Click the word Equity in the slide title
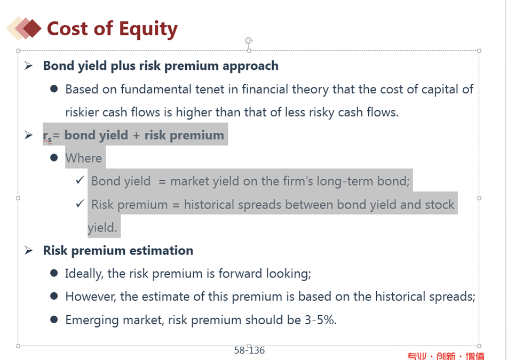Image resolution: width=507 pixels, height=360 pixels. [x=148, y=29]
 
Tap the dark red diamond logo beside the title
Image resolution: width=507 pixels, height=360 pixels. [x=32, y=28]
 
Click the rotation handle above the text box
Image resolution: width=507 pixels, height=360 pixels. [x=248, y=41]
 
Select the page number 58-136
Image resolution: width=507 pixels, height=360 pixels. [x=249, y=350]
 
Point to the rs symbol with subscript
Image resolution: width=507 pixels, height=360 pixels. [x=47, y=136]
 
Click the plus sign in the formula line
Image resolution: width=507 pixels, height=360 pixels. [x=136, y=135]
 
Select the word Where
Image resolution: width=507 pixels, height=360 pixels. [x=83, y=158]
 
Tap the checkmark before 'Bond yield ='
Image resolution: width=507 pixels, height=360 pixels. [x=80, y=180]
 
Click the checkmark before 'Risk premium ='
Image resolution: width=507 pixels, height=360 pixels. [x=80, y=204]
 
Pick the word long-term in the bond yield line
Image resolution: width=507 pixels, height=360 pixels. [x=345, y=181]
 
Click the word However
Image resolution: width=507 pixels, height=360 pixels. [x=91, y=297]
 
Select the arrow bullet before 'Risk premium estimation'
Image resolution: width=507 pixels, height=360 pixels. [x=28, y=251]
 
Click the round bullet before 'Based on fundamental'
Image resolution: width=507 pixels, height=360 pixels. [x=54, y=89]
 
